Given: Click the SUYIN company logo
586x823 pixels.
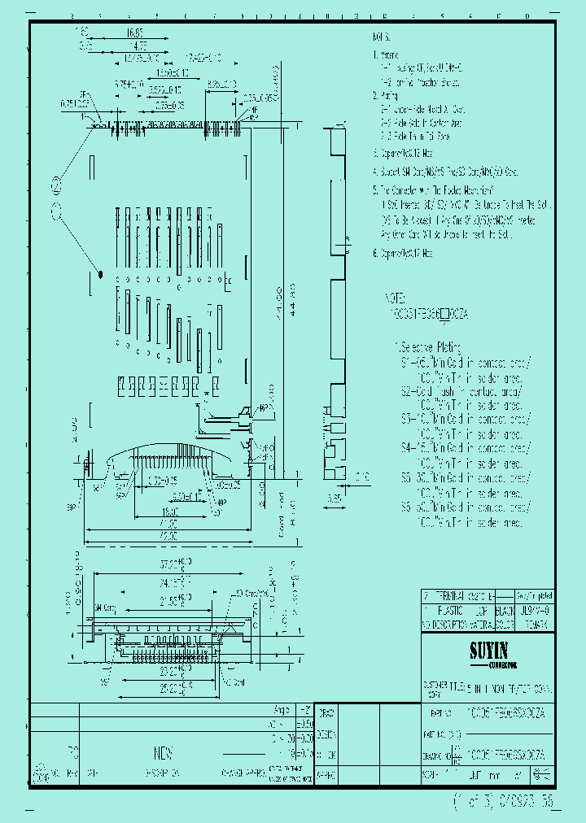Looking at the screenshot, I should [x=488, y=651].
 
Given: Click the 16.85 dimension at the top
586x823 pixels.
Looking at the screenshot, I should [x=136, y=33].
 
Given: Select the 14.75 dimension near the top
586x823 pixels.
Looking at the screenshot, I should [x=130, y=58].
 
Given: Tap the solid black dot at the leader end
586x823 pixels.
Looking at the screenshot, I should [x=100, y=275].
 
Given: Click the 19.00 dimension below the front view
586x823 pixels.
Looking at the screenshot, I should [x=169, y=512].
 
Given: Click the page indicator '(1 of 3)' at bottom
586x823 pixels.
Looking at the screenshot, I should [x=473, y=801].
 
